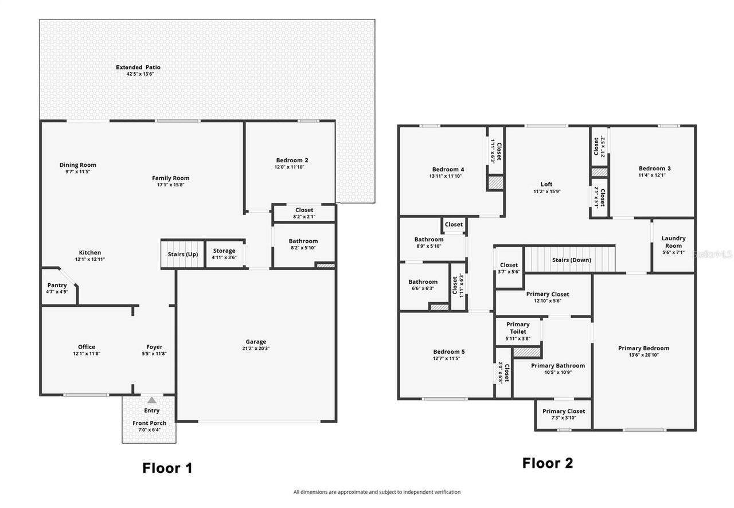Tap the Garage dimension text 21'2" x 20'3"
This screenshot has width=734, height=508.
point(256,349)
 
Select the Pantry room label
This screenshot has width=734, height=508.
point(57,285)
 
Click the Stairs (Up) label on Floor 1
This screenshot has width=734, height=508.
point(182,254)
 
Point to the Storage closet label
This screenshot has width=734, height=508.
point(224,251)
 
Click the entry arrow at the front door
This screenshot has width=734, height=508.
point(151,401)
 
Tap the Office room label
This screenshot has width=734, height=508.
point(87,347)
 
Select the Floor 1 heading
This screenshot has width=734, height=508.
point(167,468)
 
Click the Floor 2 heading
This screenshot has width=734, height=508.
point(547,463)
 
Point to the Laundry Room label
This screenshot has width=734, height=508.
point(673,242)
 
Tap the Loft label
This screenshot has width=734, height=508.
point(546,185)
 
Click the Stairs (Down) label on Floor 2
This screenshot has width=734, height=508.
point(571,260)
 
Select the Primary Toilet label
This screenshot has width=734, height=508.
point(518,328)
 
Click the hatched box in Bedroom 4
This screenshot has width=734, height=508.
point(495,183)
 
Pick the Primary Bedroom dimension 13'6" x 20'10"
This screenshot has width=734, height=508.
point(643,355)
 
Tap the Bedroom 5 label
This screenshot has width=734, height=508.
point(448,351)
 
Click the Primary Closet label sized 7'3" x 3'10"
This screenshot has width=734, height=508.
point(564,411)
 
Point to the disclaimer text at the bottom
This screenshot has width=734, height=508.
point(377,492)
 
